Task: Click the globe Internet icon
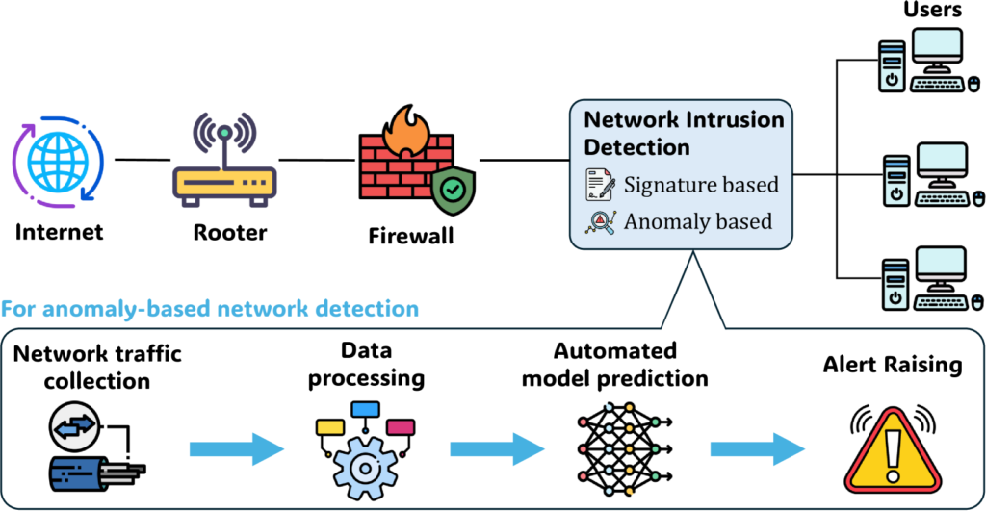(x=58, y=160)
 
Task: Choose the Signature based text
(x=701, y=184)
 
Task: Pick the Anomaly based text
(x=698, y=221)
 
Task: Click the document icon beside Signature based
(x=600, y=184)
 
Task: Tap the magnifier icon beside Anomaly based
(x=600, y=221)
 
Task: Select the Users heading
(x=932, y=12)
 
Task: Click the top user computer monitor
(x=938, y=49)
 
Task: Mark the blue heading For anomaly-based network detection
(x=210, y=309)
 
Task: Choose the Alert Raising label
(x=891, y=367)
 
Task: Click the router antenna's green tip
(x=224, y=132)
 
